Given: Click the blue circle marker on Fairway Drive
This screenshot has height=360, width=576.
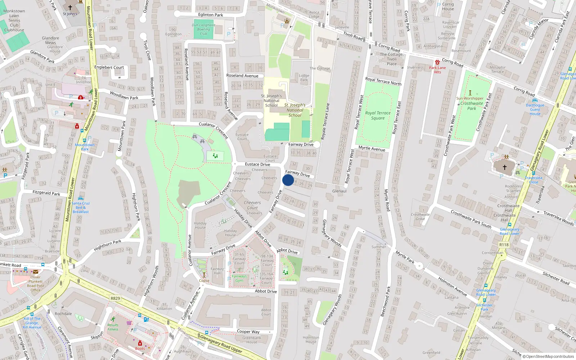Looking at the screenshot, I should pyautogui.click(x=288, y=180).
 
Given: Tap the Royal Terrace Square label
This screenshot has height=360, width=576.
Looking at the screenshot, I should pyautogui.click(x=378, y=116).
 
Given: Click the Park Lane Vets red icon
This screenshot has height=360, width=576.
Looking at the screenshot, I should pyautogui.click(x=437, y=62).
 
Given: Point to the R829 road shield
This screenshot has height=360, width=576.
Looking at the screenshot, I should pyautogui.click(x=115, y=298).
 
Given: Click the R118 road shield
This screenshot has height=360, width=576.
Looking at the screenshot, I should pyautogui.click(x=504, y=245).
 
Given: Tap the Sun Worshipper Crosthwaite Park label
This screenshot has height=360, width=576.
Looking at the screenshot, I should pyautogui.click(x=470, y=103).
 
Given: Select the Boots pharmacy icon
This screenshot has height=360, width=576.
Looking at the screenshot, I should pyautogui.click(x=140, y=343).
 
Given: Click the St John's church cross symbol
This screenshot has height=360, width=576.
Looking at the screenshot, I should pyautogui.click(x=70, y=7).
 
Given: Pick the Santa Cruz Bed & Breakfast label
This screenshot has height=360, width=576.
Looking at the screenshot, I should pyautogui.click(x=81, y=207).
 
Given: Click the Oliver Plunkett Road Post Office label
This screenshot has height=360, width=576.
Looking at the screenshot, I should pyautogui.click(x=35, y=284).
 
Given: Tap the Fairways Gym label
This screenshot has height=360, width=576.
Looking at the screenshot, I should pyautogui.click(x=239, y=278).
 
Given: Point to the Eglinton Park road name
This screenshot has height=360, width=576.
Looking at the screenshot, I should pyautogui.click(x=211, y=15).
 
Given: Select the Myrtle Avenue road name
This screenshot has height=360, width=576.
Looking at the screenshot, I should pyautogui.click(x=372, y=148).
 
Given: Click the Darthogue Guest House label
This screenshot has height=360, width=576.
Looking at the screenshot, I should pyautogui.click(x=535, y=109).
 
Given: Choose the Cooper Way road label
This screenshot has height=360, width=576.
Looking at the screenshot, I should pyautogui.click(x=248, y=332).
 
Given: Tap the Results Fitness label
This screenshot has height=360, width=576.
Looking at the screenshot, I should pyautogui.click(x=113, y=327).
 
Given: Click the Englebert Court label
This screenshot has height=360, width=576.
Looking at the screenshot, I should pyautogui.click(x=109, y=67).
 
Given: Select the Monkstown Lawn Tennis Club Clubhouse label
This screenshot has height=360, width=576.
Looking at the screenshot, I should pyautogui.click(x=14, y=21).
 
